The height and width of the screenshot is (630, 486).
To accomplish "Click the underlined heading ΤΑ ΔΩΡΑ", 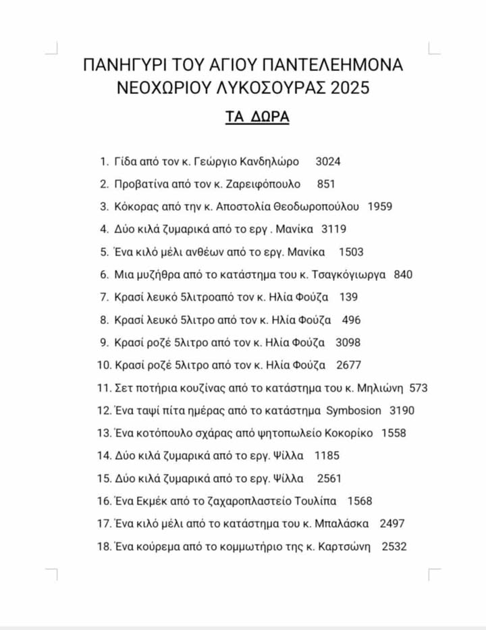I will click(257, 117).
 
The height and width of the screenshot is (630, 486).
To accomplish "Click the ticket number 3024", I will click(328, 161).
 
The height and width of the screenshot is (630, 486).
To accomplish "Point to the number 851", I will click(325, 184).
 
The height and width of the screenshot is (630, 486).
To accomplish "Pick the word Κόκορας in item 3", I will click(136, 207).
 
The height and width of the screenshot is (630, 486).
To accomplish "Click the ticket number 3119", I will click(335, 229).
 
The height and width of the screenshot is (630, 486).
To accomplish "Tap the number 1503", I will click(350, 252).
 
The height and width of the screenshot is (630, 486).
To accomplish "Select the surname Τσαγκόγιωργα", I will click(350, 274).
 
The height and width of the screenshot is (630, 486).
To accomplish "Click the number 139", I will click(349, 297).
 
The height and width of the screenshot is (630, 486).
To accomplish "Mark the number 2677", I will click(348, 365).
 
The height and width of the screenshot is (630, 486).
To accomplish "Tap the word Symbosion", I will click(354, 411).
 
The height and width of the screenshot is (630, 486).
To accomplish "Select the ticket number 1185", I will click(327, 456).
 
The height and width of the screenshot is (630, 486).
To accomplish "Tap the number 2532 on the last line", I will click(394, 546).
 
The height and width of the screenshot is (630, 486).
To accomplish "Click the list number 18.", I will click(103, 546).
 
